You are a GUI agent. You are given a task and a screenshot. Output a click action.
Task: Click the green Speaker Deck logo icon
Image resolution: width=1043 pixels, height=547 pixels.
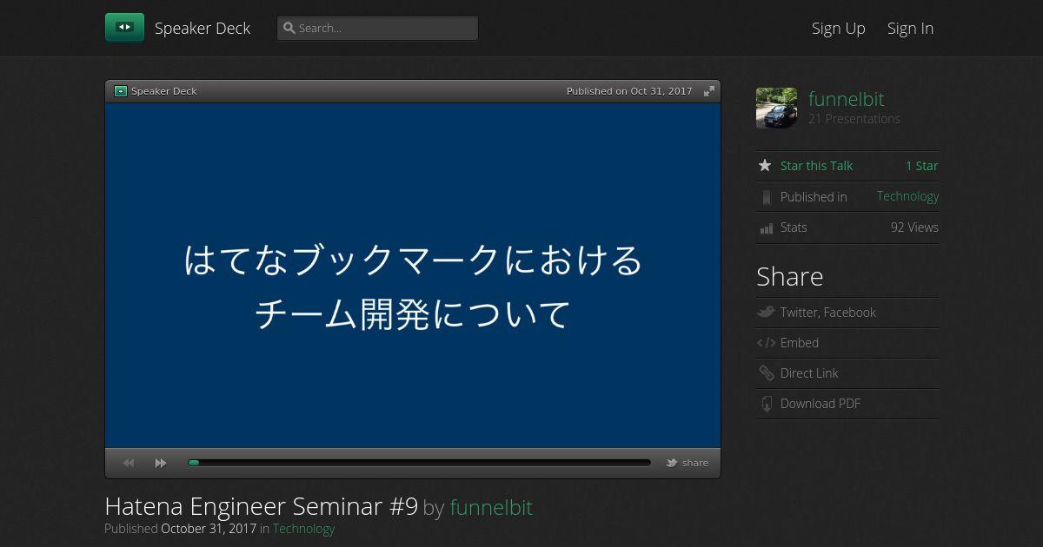(x=124, y=28)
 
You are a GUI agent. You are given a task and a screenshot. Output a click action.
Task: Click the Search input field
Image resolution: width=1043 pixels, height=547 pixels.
(x=377, y=28)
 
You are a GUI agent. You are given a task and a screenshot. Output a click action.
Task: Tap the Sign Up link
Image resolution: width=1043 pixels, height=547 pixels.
(x=838, y=29)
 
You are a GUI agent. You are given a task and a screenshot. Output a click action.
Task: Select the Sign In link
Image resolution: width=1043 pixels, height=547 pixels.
(x=910, y=29)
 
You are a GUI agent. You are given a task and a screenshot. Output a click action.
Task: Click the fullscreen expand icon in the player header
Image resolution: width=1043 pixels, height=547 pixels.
(x=708, y=91)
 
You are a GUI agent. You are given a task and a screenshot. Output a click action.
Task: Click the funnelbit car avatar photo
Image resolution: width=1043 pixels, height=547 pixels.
(x=776, y=108)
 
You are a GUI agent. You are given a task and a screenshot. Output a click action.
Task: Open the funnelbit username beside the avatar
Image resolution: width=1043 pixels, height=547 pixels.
(x=846, y=99)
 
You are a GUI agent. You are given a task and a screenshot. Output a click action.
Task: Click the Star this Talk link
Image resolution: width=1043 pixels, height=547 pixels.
(x=816, y=166)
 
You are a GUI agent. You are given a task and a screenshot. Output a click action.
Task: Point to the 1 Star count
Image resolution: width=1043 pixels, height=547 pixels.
(x=921, y=166)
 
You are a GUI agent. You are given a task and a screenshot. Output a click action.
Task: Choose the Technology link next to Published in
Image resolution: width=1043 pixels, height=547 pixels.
(x=907, y=196)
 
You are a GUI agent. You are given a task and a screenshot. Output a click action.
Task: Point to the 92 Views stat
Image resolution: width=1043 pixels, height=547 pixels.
(x=914, y=227)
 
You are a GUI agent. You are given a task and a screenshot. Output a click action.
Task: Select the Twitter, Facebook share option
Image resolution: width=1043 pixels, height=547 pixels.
(x=827, y=312)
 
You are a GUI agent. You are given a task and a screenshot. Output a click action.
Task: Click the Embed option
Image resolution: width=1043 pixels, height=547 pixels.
(x=799, y=343)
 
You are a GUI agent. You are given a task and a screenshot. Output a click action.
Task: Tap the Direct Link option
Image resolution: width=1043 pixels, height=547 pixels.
(x=809, y=373)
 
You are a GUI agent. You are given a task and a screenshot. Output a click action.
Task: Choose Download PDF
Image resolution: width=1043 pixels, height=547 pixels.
(x=820, y=404)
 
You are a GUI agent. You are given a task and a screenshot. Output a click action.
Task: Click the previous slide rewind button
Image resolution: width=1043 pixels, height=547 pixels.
(x=129, y=464)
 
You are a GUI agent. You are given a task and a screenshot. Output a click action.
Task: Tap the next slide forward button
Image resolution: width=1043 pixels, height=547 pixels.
(x=161, y=464)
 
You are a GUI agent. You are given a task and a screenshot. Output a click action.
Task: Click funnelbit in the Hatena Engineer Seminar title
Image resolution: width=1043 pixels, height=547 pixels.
(x=491, y=507)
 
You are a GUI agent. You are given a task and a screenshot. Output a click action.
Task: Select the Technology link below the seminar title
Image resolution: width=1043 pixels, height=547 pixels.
(x=303, y=529)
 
